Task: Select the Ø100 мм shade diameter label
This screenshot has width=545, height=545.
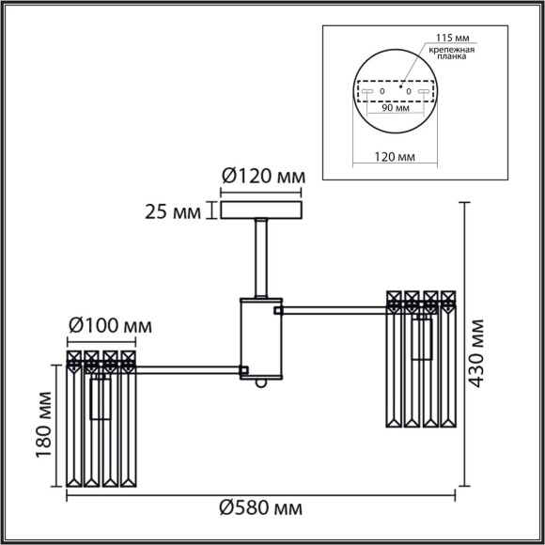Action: (x=109, y=326)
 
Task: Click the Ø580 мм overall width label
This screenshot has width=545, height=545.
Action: (x=262, y=508)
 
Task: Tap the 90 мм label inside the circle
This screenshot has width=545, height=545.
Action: (x=396, y=108)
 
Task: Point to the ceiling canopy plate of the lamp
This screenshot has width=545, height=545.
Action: (x=262, y=210)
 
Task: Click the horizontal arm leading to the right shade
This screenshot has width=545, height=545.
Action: (x=334, y=308)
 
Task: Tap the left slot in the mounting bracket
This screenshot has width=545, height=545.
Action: (x=368, y=92)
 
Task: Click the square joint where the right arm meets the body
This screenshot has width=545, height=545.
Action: (x=278, y=308)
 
